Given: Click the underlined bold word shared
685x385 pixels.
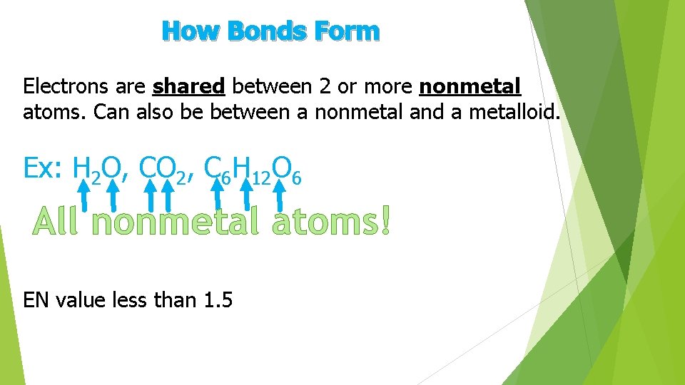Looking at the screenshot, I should [189, 87].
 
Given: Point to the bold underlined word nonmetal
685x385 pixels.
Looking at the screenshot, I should [470, 87].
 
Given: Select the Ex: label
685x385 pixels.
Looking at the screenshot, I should [44, 169].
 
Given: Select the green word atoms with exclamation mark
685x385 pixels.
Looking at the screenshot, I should [333, 222].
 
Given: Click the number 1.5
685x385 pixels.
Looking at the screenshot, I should [218, 300].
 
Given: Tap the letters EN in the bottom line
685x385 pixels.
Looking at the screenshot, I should [36, 300].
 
